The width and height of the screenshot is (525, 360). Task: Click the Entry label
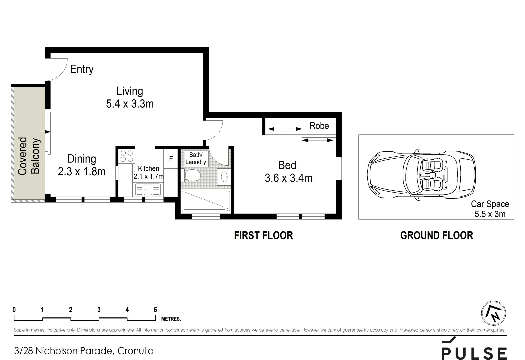[82, 69]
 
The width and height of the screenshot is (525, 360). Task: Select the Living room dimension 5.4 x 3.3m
[130, 104]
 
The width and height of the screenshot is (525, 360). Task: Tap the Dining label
[82, 159]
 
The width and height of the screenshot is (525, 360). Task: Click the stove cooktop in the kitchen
[127, 156]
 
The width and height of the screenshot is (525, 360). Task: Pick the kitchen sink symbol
[148, 190]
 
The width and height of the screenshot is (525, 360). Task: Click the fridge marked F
[171, 159]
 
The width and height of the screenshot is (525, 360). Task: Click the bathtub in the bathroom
[206, 201]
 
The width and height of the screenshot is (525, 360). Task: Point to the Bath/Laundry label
[196, 158]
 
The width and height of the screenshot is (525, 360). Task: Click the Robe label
[319, 126]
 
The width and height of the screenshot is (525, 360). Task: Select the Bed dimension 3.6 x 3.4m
[288, 178]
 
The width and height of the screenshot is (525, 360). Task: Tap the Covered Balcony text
[28, 156]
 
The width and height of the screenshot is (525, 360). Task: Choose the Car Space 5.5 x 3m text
[490, 209]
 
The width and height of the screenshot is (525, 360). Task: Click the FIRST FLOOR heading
[263, 235]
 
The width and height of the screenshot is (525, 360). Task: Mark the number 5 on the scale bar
[155, 310]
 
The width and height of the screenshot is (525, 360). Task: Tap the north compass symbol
[493, 313]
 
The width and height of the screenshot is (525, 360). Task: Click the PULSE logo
[474, 350]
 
